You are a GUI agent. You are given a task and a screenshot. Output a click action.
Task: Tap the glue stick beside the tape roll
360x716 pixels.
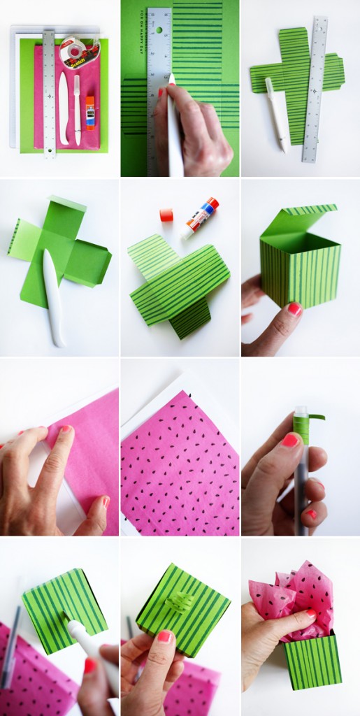pos(90,113)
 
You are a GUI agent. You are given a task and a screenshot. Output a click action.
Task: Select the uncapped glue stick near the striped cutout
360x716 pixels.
pos(201,216)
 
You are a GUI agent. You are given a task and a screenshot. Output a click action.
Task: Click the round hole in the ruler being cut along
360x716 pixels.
pos(159,31)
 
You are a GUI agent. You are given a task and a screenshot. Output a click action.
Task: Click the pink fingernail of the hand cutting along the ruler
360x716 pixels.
pos(161,92)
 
